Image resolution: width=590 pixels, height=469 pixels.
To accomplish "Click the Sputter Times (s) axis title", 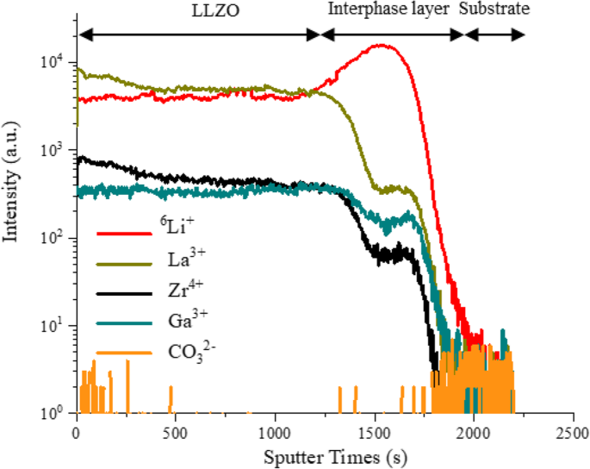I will [x=325, y=454].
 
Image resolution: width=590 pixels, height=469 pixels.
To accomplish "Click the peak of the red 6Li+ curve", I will [x=379, y=46].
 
